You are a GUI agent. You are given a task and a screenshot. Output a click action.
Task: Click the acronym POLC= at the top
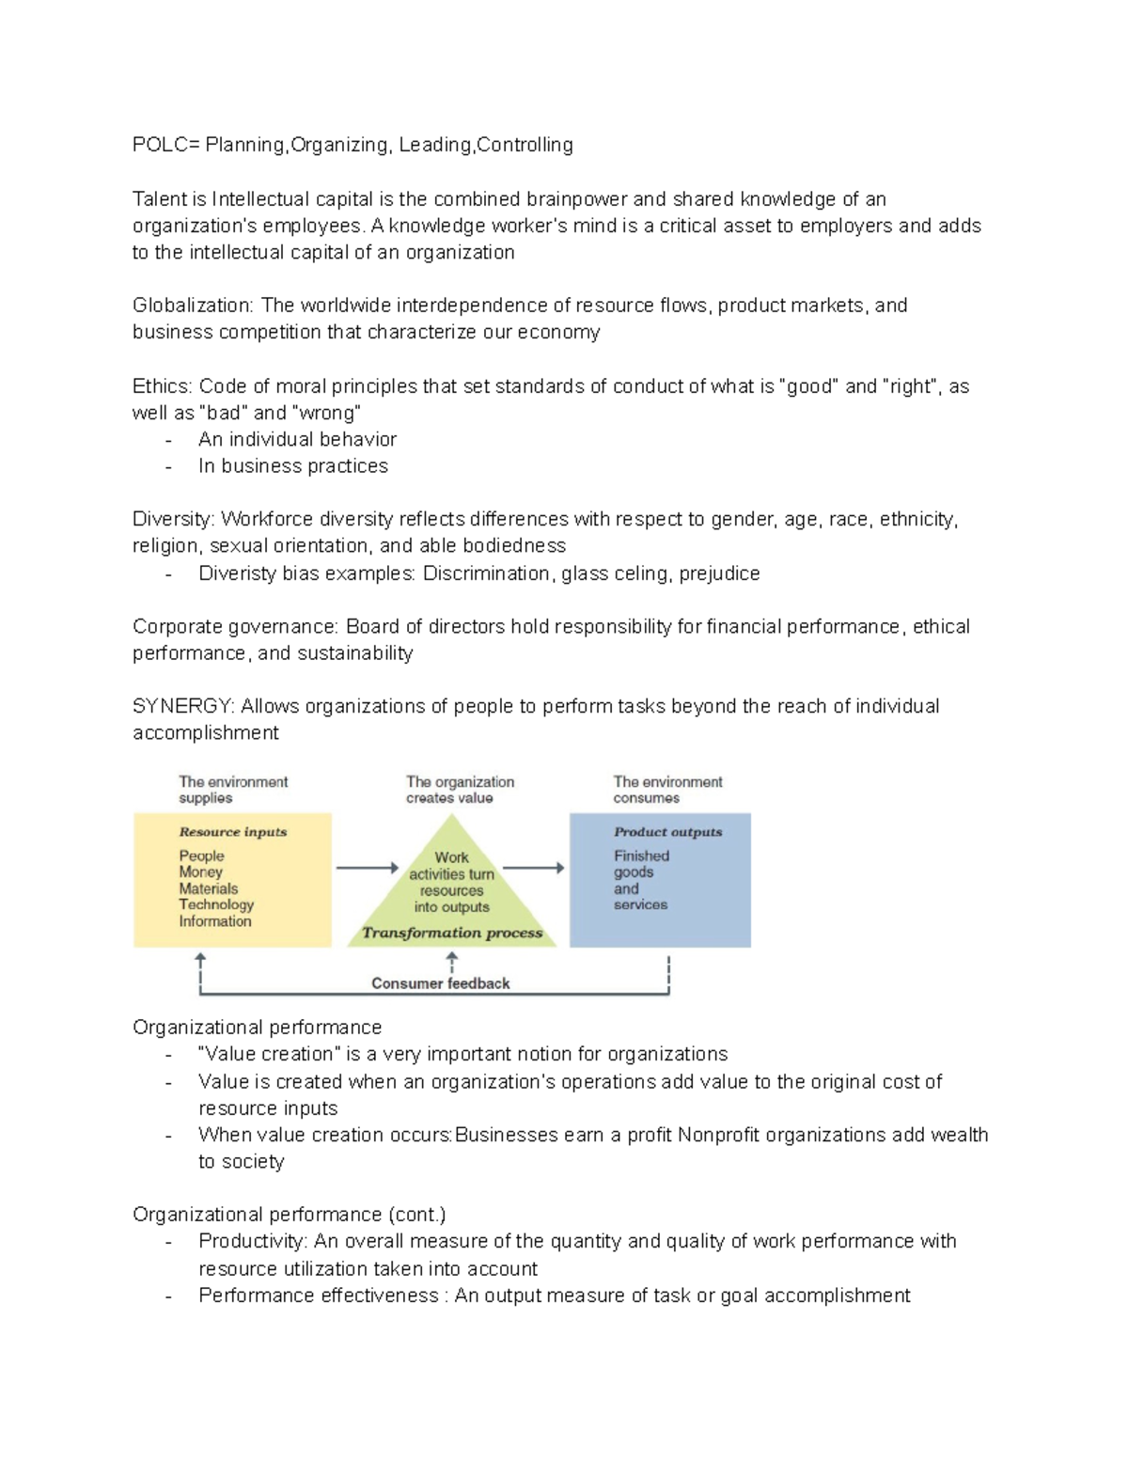165,145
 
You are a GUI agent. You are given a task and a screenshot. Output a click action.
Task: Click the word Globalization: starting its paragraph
193,306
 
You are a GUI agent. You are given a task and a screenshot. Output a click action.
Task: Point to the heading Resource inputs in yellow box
232,832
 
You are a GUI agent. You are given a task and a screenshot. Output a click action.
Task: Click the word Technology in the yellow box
216,904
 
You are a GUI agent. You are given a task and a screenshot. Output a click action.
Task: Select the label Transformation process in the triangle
452,933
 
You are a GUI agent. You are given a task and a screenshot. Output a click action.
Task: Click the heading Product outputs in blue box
667,832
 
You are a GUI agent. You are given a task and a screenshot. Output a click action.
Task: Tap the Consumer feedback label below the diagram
440,983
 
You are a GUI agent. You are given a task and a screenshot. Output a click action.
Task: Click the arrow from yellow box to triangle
367,868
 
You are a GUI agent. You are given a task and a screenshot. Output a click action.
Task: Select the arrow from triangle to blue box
533,868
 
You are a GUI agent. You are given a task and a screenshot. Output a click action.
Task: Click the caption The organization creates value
460,790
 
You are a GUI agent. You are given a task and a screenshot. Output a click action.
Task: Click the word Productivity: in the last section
253,1241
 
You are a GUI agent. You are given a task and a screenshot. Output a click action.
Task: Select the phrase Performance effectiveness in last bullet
318,1295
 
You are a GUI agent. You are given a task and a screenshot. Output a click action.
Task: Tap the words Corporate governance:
235,627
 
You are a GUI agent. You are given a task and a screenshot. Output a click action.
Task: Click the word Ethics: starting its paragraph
162,386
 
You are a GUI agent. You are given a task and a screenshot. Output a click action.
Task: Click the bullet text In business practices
292,466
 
